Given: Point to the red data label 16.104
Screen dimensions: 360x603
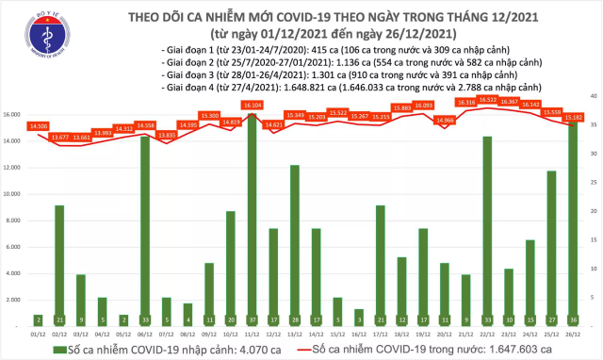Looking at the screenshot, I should click(x=252, y=106).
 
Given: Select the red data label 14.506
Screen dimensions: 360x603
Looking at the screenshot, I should click(x=39, y=125).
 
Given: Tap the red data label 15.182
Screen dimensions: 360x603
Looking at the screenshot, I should click(x=573, y=116).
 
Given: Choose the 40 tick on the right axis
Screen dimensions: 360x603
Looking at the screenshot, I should click(x=591, y=96).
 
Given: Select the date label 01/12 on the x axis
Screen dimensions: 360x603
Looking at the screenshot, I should click(x=39, y=334).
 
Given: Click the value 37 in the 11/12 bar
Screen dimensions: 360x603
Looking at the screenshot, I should click(x=252, y=319).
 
